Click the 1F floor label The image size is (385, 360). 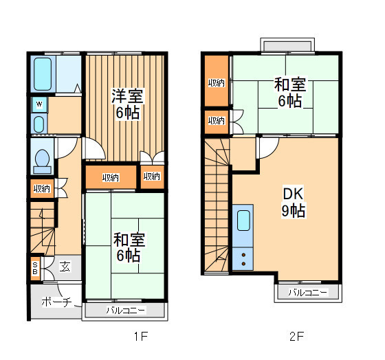click(141, 336)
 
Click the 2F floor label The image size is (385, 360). click(296, 336)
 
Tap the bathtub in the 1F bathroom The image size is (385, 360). click(43, 74)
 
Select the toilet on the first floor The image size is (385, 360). click(42, 161)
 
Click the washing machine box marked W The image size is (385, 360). click(39, 104)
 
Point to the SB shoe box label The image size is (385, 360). click(35, 268)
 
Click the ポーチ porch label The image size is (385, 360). click(56, 302)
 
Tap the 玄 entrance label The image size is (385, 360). click(65, 267)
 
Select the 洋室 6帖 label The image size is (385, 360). click(127, 104)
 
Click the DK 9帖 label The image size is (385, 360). click(294, 202)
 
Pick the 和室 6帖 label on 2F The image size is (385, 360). click(290, 92)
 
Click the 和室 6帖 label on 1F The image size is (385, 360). click(129, 247)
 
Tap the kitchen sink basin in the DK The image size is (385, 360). click(244, 221)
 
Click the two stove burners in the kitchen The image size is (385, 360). click(243, 259)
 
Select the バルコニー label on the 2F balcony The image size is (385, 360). click(308, 292)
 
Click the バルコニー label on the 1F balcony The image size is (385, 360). click(126, 311)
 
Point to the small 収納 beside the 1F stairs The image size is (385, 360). click(42, 188)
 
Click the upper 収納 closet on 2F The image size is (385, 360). click(217, 83)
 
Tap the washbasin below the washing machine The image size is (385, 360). click(38, 124)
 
